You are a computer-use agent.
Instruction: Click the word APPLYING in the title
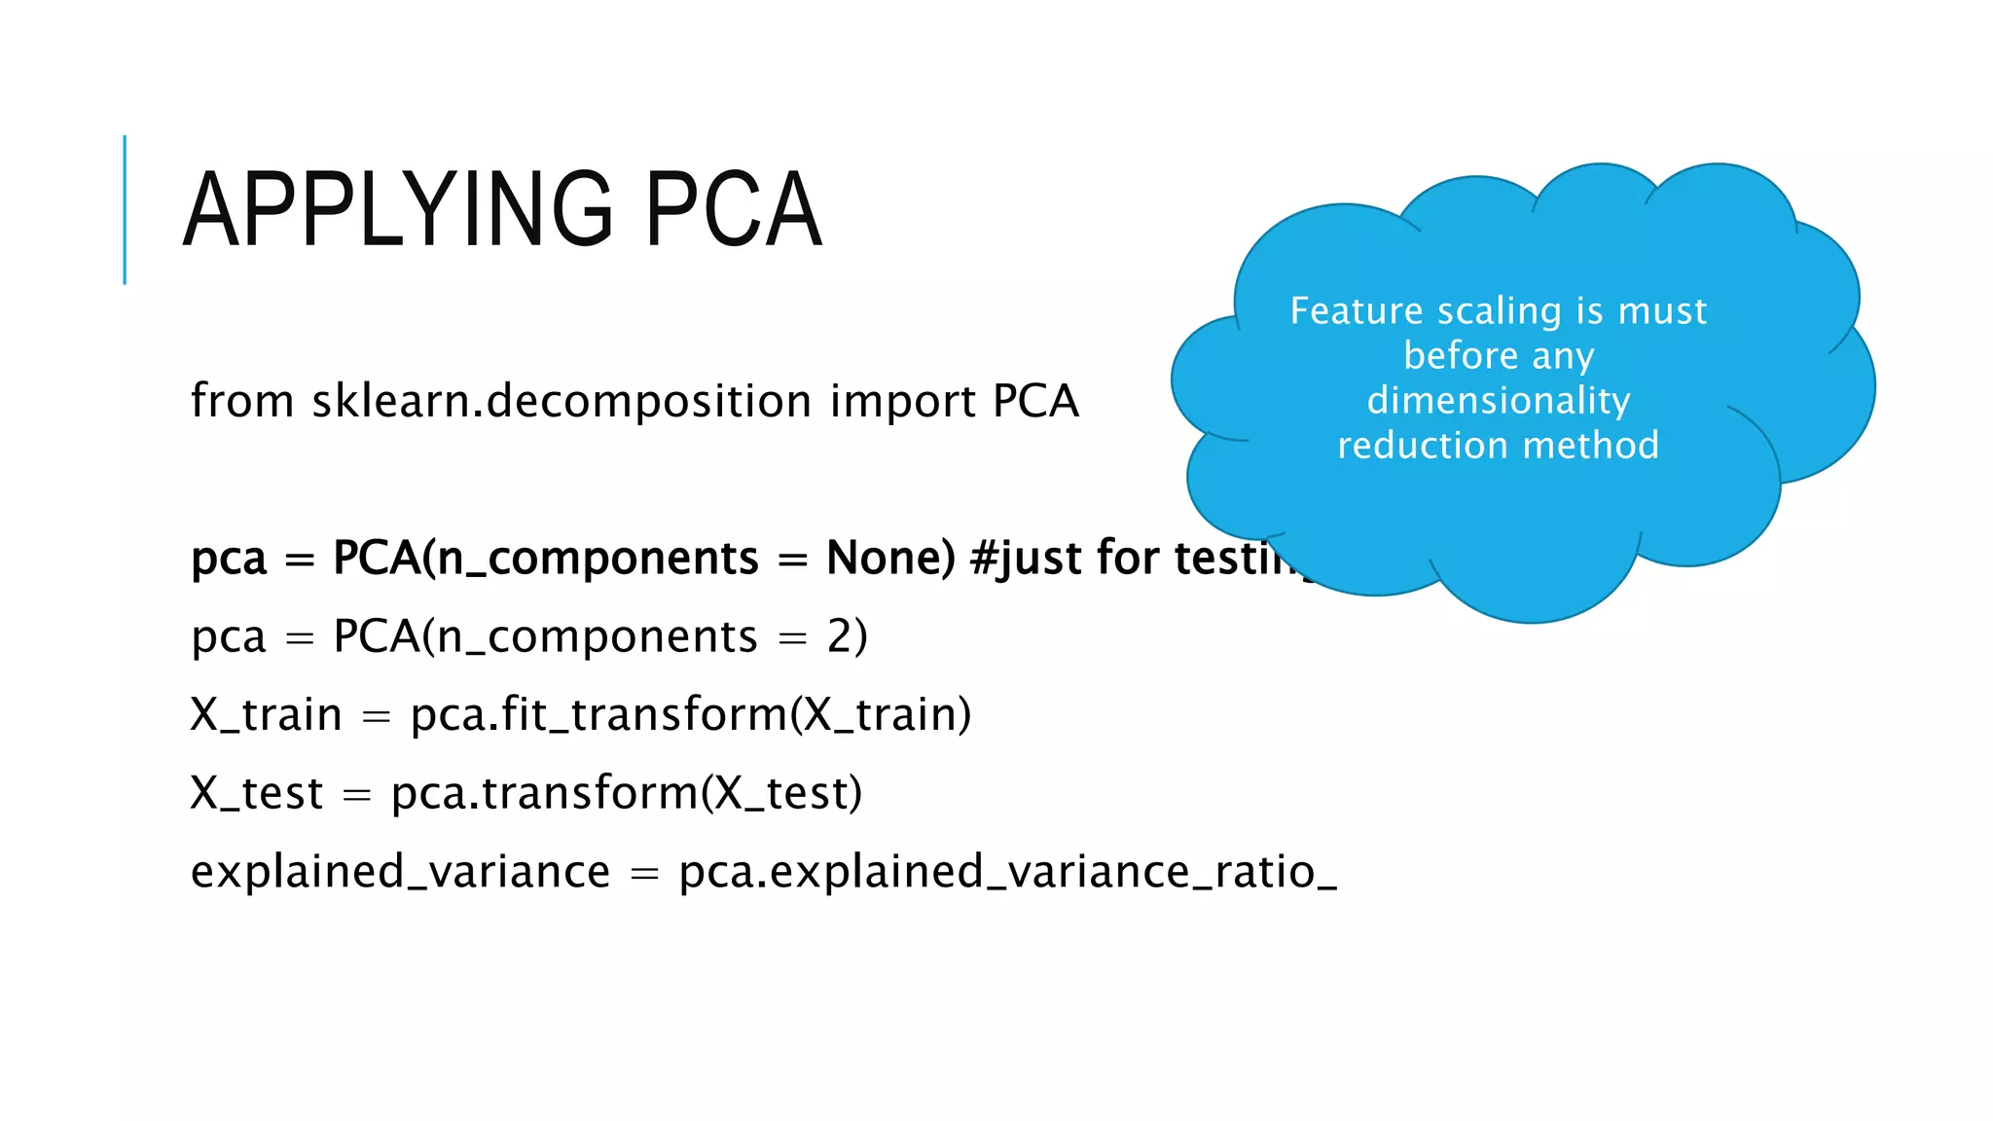pyautogui.click(x=398, y=209)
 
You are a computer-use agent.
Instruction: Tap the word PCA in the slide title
pyautogui.click(x=734, y=209)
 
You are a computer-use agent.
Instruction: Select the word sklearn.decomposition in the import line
pyautogui.click(x=562, y=401)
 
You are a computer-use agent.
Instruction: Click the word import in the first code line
pyautogui.click(x=902, y=401)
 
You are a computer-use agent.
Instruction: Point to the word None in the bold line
pyautogui.click(x=889, y=558)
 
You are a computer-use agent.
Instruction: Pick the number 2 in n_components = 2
pyautogui.click(x=840, y=636)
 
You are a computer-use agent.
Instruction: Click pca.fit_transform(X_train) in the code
pyautogui.click(x=690, y=714)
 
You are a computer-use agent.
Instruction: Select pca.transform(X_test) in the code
pyautogui.click(x=626, y=793)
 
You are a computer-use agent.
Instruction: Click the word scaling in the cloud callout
pyautogui.click(x=1499, y=311)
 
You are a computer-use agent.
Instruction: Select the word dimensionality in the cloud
pyautogui.click(x=1499, y=401)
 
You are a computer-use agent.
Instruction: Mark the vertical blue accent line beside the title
pyautogui.click(x=125, y=209)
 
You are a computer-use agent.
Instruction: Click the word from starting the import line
pyautogui.click(x=242, y=401)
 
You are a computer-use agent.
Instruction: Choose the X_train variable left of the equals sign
pyautogui.click(x=266, y=714)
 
